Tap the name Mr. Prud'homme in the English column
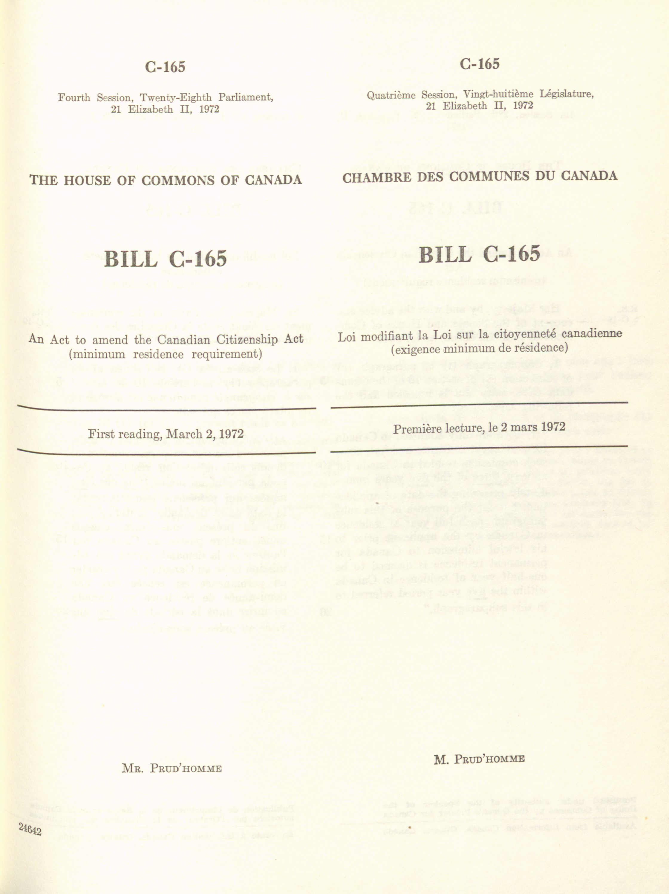point(172,768)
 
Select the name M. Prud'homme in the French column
point(479,759)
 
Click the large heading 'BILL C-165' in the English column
point(165,258)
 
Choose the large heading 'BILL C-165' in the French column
point(479,254)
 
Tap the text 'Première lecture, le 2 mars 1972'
point(479,428)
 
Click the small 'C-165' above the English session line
point(165,67)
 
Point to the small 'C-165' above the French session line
point(479,64)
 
